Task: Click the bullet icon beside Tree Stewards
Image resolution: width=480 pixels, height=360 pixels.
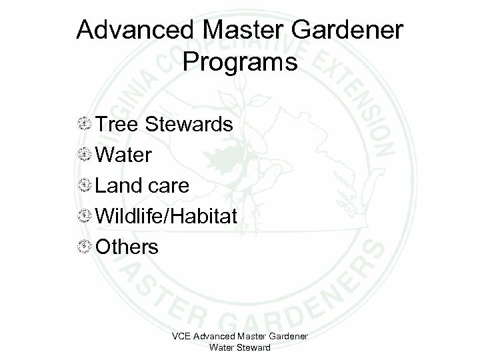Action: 84,125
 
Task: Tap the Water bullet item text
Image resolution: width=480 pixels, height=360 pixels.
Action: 124,155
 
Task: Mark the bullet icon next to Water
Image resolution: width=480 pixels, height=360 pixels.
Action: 84,155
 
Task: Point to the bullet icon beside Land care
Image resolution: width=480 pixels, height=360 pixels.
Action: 84,186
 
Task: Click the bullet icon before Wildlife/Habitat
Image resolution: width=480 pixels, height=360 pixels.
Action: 84,217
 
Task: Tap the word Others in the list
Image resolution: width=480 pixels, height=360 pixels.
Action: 127,247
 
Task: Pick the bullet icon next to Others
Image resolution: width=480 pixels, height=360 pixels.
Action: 84,247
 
